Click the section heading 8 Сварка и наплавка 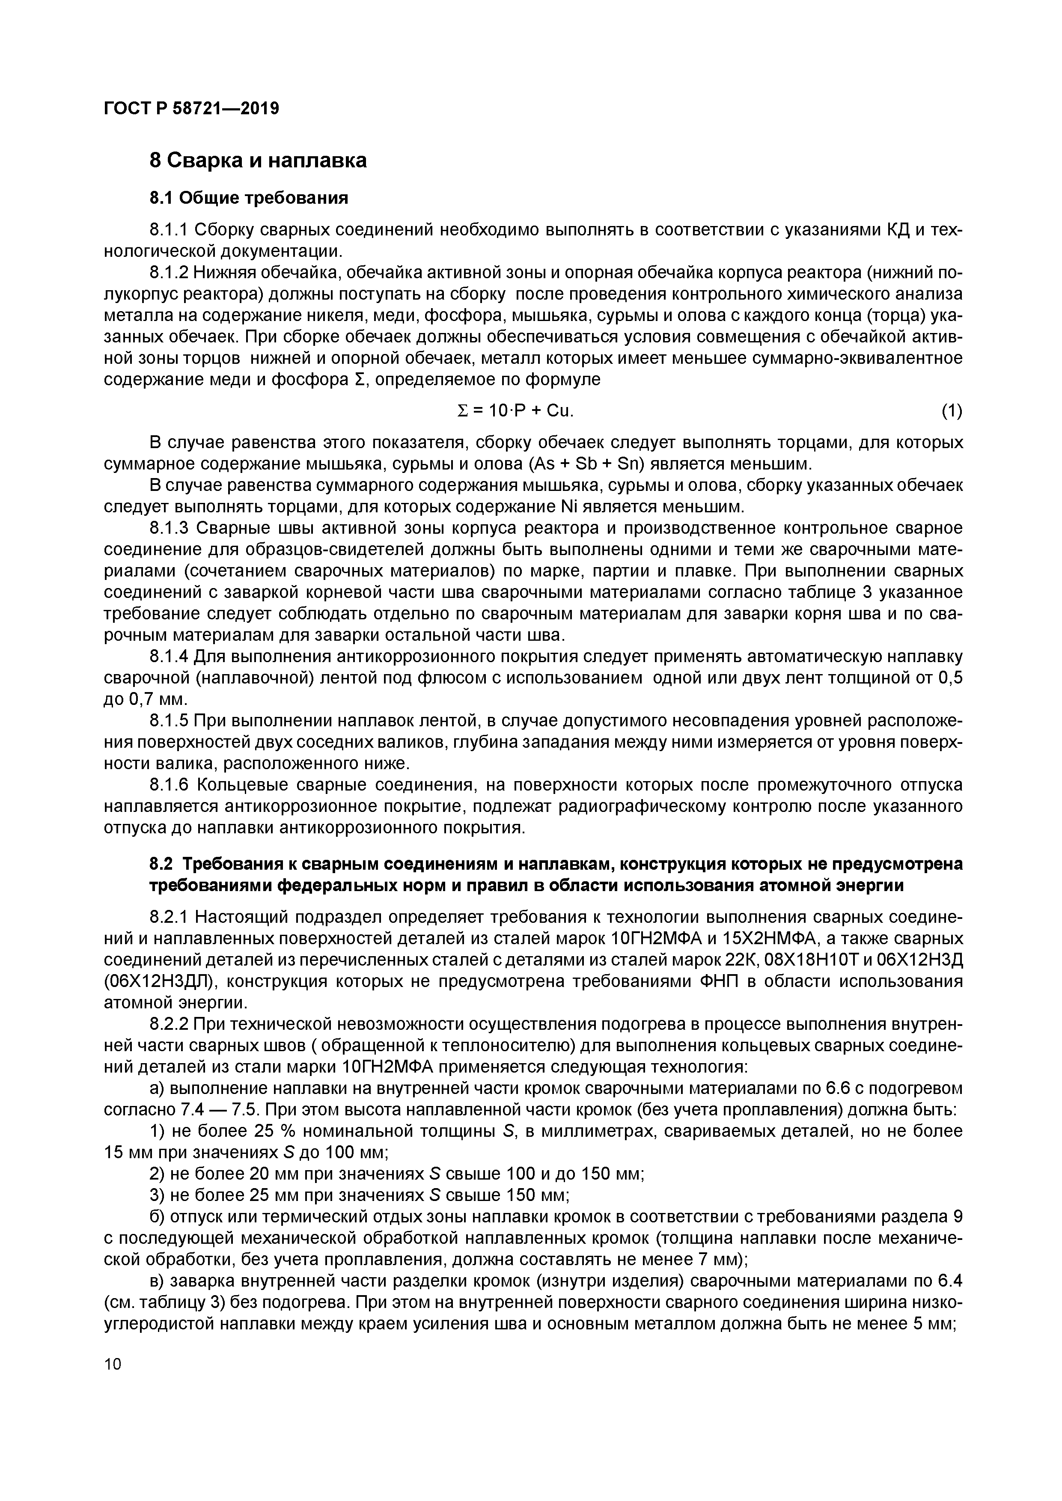(258, 160)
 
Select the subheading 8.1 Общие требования (249, 197)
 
